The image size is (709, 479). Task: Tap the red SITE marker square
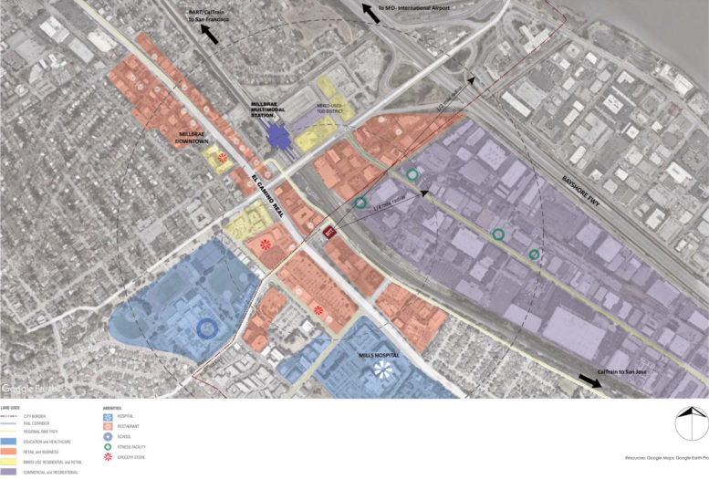click(329, 234)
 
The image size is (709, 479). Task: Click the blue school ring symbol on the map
click(207, 327)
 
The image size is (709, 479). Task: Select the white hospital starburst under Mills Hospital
click(384, 369)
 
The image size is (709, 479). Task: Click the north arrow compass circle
click(691, 423)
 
